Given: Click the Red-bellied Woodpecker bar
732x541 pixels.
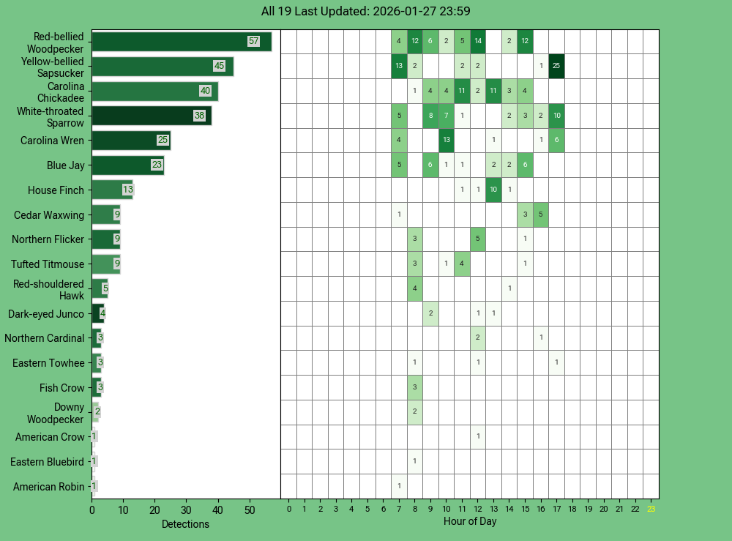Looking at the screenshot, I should coord(182,42).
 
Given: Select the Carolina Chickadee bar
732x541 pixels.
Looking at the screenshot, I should coord(154,92).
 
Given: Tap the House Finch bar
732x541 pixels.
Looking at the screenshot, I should coord(112,190).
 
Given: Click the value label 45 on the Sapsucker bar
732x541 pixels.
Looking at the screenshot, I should coord(219,67).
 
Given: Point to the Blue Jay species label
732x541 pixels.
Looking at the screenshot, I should coord(65,165).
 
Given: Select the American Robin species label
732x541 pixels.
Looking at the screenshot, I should coord(48,487).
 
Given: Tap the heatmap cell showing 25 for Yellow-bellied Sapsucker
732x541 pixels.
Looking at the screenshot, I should coord(556,67).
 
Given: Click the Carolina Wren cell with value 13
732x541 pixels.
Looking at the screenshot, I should coord(446,141).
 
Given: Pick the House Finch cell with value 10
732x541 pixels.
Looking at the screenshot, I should coord(493,190).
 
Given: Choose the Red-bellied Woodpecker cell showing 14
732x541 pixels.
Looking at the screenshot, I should coord(478,42).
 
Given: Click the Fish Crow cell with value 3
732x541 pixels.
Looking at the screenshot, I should coord(414,387).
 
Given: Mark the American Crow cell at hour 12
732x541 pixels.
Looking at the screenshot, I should coord(478,437).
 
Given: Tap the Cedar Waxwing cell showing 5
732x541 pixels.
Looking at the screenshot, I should coord(540,215).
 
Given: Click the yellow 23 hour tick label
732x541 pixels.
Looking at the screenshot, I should coord(651,509).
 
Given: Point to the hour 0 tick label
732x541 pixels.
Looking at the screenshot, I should coord(288,509).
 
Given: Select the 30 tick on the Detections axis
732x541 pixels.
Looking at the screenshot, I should coord(187,510).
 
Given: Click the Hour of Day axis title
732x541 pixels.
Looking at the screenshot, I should coord(470,521).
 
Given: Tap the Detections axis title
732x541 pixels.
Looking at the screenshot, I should coord(185,524).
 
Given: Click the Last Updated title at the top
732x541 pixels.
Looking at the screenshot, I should coord(365,11).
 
